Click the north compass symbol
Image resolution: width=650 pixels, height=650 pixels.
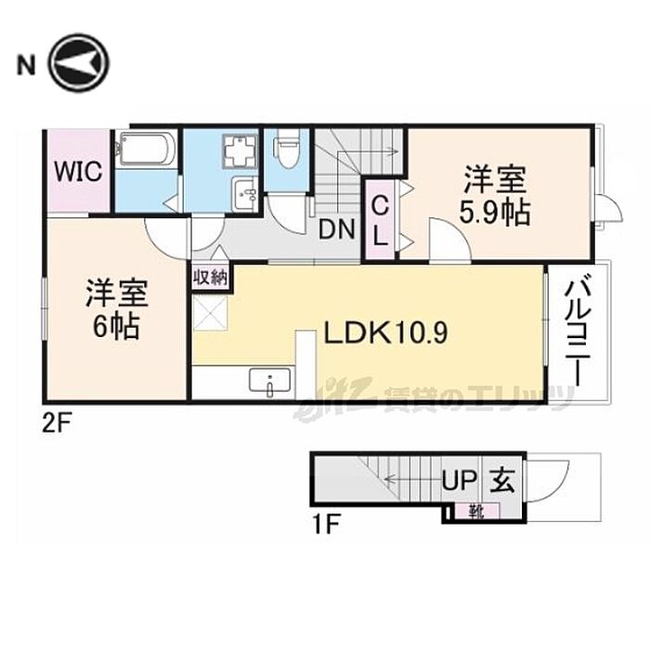point(79,63)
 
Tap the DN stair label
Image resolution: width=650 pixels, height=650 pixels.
point(336,227)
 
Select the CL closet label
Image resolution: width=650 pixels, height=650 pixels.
point(380,219)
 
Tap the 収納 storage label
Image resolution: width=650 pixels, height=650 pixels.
point(212,277)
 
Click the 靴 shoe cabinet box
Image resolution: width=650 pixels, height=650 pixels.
point(474,509)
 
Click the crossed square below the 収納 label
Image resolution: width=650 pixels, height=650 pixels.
point(210,310)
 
